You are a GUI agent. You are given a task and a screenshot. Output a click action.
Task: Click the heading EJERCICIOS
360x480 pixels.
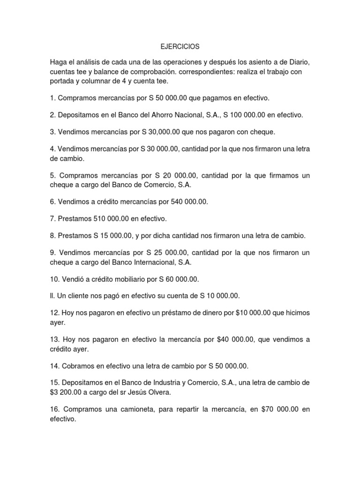pyautogui.click(x=180, y=47)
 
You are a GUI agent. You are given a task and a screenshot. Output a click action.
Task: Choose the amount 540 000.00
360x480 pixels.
pyautogui.click(x=184, y=202)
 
